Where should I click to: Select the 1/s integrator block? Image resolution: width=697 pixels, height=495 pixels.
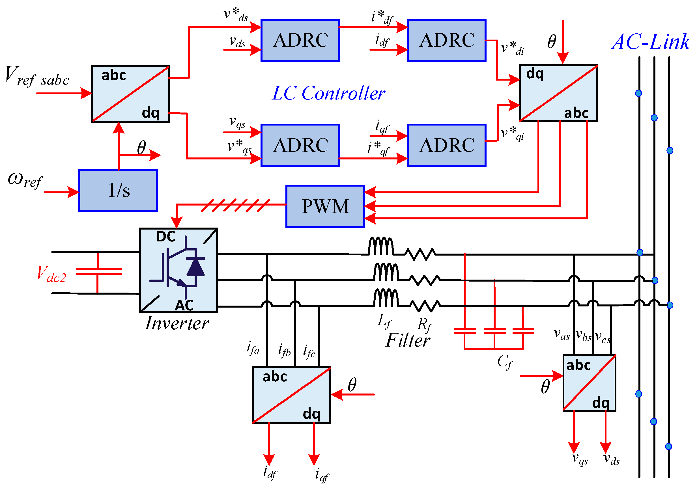[118, 191]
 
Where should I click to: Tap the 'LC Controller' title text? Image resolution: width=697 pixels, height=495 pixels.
[328, 93]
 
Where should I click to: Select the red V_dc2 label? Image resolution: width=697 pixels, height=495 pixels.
[51, 274]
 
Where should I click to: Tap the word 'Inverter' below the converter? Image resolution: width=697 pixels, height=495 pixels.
[177, 323]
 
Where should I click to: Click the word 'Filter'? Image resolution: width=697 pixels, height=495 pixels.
[408, 340]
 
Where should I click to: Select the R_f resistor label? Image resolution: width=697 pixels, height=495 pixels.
[424, 325]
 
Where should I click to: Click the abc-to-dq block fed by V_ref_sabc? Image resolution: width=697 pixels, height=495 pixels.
[131, 94]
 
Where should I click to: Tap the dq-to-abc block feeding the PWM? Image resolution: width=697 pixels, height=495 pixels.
[558, 93]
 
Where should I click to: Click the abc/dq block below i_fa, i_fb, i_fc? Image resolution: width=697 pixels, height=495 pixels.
[291, 395]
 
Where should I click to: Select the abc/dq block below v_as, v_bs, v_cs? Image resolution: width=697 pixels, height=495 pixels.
[589, 383]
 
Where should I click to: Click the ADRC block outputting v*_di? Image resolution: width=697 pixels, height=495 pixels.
[446, 40]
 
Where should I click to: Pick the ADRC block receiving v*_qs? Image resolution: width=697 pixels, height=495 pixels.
[300, 145]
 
